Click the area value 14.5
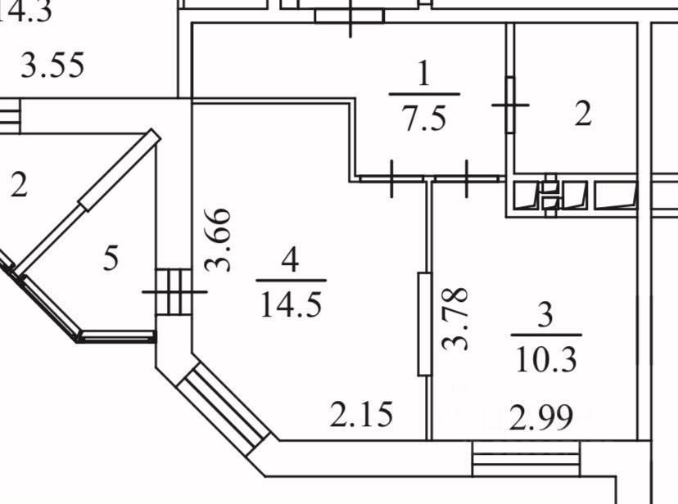pyautogui.click(x=291, y=304)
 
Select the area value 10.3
pyautogui.click(x=545, y=358)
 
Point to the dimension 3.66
pyautogui.click(x=218, y=240)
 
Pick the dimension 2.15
pyautogui.click(x=361, y=415)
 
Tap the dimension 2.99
pyautogui.click(x=540, y=421)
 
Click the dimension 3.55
pyautogui.click(x=52, y=65)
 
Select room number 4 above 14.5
pyautogui.click(x=289, y=262)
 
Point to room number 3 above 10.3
pyautogui.click(x=546, y=315)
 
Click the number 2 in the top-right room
pyautogui.click(x=582, y=115)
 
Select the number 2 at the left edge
pyautogui.click(x=18, y=185)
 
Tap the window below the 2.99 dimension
pyautogui.click(x=525, y=457)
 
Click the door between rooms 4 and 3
pyautogui.click(x=424, y=324)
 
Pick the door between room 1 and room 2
pyautogui.click(x=510, y=104)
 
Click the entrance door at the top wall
pyautogui.click(x=350, y=15)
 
